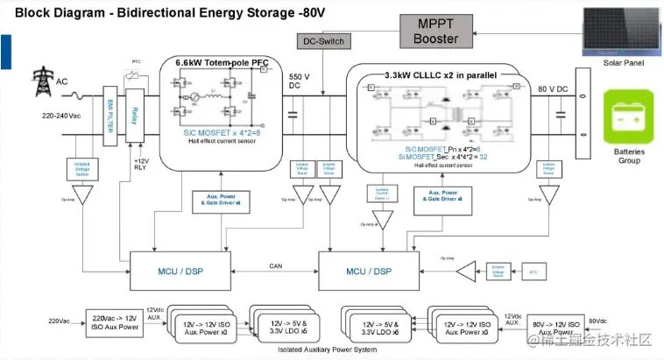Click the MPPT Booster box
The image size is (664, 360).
(x=436, y=32)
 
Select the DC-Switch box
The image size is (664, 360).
(x=323, y=41)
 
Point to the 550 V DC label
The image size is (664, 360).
(x=300, y=82)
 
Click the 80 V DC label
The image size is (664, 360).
(x=553, y=89)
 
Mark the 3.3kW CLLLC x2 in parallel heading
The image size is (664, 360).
(x=441, y=75)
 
